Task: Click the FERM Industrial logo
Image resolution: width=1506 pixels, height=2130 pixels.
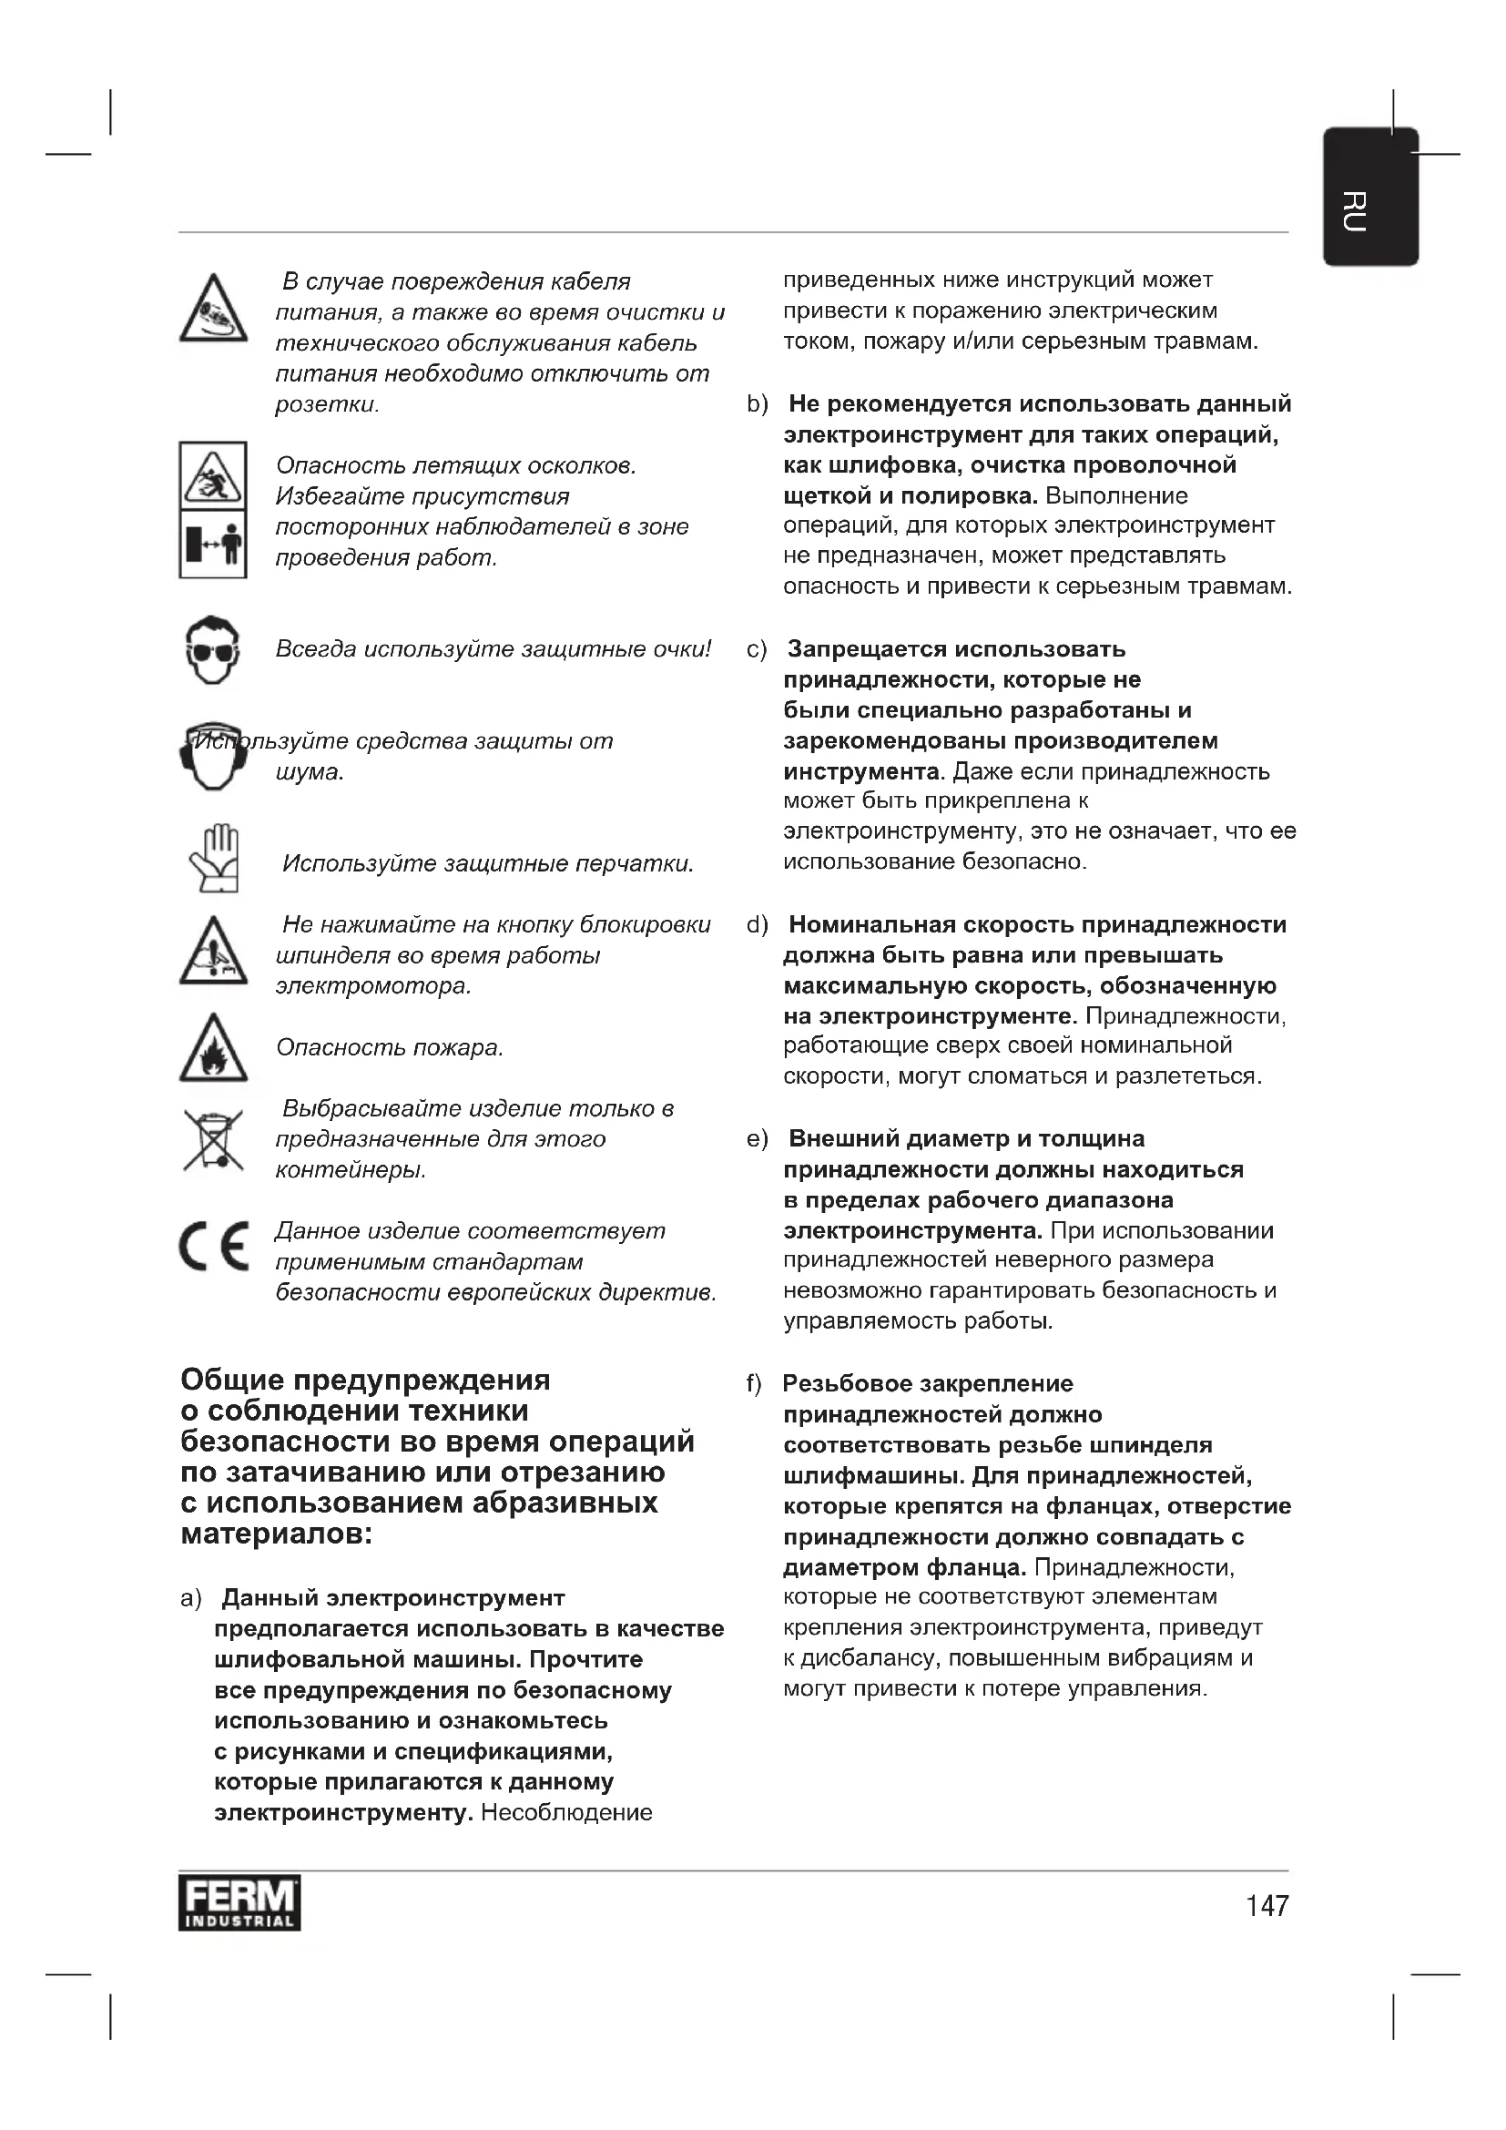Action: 239,1903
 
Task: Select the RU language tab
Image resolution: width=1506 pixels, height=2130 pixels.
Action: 1369,197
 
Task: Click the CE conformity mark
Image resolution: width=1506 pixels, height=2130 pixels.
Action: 214,1247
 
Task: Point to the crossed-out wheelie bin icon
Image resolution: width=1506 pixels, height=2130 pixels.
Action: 213,1139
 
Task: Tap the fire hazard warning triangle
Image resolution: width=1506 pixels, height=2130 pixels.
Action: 213,1048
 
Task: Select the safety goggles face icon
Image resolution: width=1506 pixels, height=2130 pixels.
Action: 213,649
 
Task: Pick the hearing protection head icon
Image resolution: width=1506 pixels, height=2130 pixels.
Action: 212,756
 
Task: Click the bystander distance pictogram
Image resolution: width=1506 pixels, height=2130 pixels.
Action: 213,544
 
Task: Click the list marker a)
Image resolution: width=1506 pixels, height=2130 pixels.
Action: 191,1598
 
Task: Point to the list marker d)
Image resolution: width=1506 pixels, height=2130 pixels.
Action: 758,925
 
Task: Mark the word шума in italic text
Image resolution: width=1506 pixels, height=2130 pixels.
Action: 308,772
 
